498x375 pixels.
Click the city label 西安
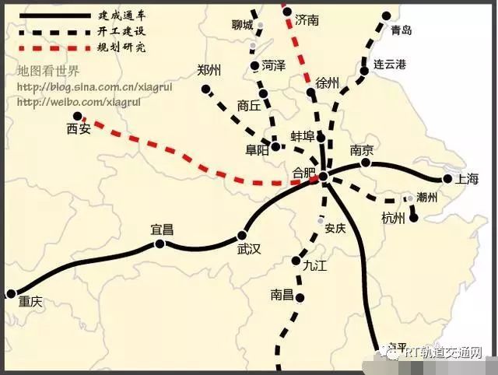79,129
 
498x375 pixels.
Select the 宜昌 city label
162,230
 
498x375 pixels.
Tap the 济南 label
307,21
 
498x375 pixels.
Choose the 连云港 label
390,64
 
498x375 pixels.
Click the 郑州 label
210,70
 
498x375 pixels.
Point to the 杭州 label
394,219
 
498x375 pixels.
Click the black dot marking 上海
447,179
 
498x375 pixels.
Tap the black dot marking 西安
77,116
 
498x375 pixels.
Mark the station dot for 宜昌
160,244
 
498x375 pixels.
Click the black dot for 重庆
11,294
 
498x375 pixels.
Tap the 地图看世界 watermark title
48,72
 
